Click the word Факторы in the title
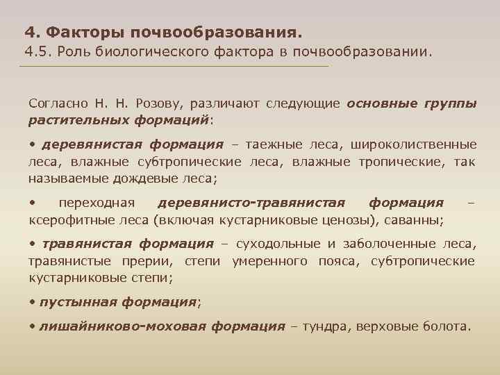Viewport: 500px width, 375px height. (x=81, y=32)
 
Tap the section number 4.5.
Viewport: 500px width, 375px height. (x=37, y=51)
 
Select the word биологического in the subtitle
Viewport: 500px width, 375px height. (x=156, y=51)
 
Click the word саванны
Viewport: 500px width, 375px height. (x=417, y=219)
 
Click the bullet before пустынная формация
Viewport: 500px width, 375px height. (x=32, y=302)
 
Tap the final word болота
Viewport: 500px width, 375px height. (x=447, y=326)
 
